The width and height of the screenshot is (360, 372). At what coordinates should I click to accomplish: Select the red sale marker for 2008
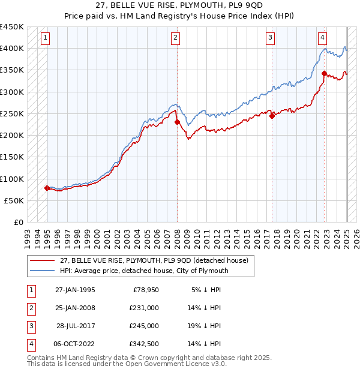point(177,122)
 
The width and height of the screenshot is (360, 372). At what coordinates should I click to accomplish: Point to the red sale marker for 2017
point(272,116)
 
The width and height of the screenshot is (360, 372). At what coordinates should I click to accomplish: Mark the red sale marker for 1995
point(47,188)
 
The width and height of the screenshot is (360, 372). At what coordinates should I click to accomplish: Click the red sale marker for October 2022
point(324,73)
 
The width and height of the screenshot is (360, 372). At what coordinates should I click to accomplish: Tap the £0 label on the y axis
point(18,223)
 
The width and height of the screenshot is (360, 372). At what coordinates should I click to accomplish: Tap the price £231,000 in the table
point(144,308)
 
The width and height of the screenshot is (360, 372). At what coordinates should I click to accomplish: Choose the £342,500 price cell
point(144,344)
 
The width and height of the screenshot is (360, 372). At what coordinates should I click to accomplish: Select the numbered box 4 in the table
point(29,344)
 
